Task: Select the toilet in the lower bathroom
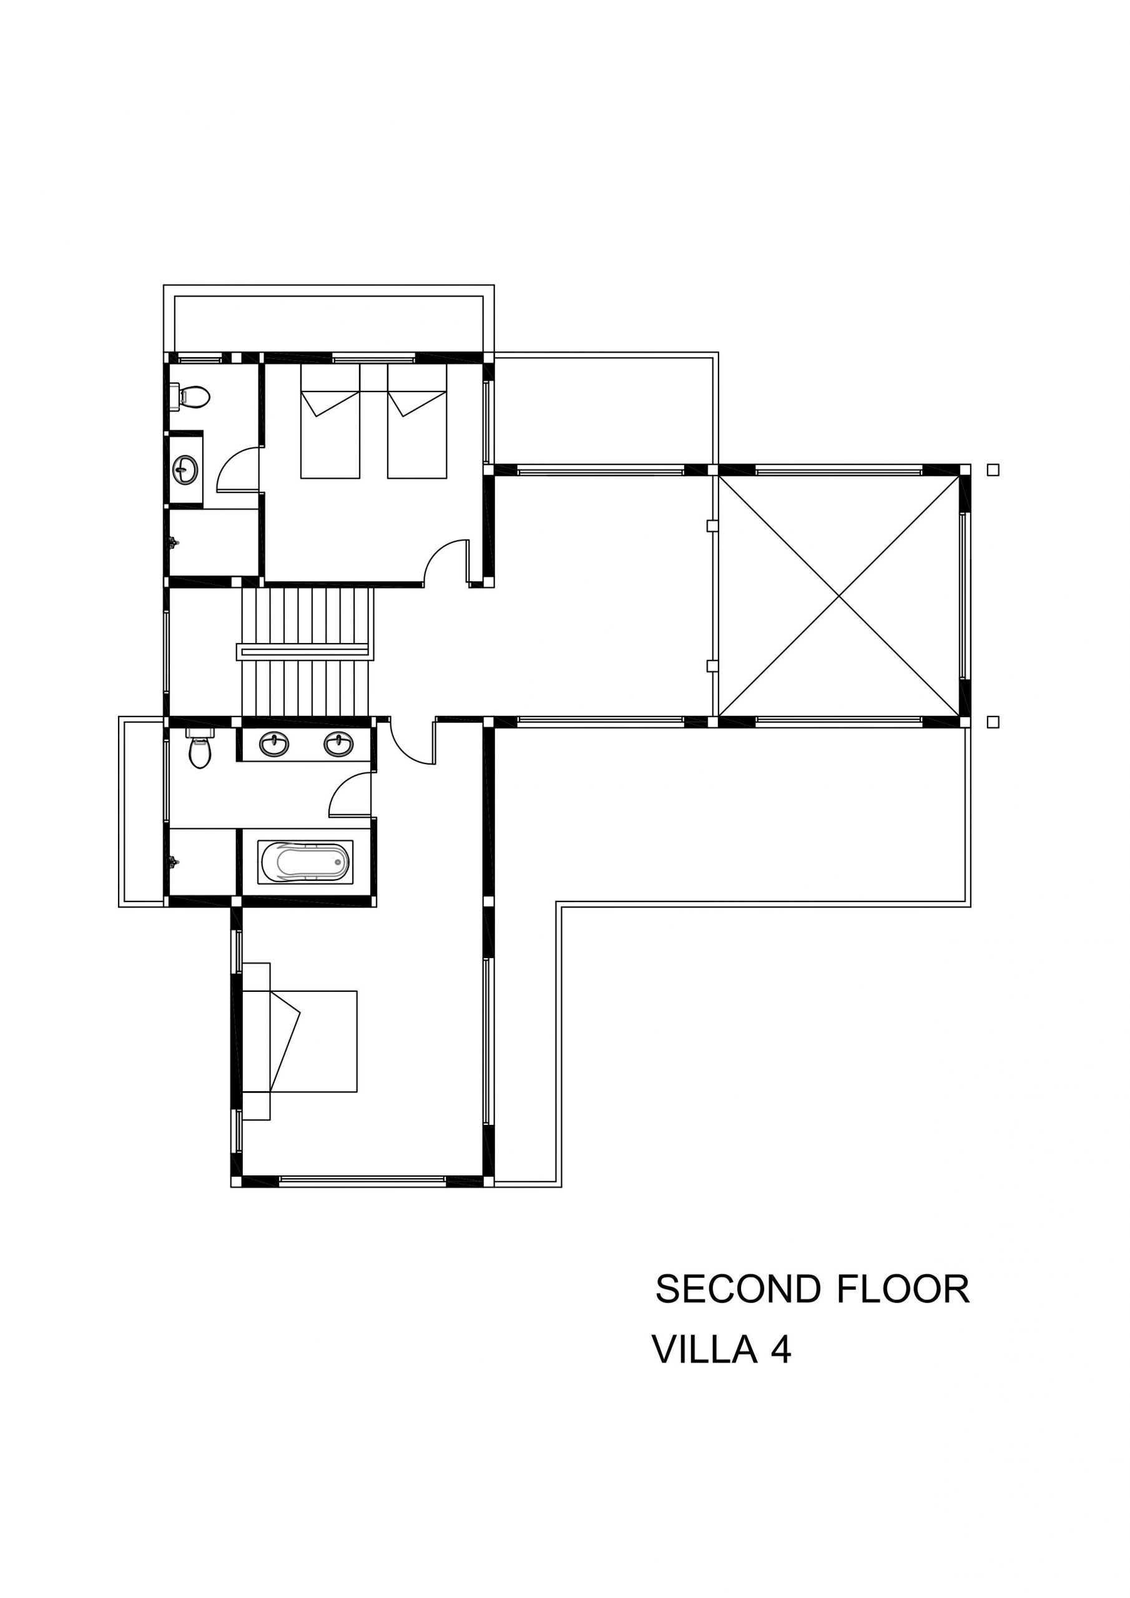point(200,748)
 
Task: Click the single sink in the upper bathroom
point(185,468)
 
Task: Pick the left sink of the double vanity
point(274,745)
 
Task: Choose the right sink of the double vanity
point(338,745)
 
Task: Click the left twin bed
point(330,421)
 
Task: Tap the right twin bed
point(416,421)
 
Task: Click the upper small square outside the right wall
point(993,470)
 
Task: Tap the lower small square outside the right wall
point(993,722)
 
